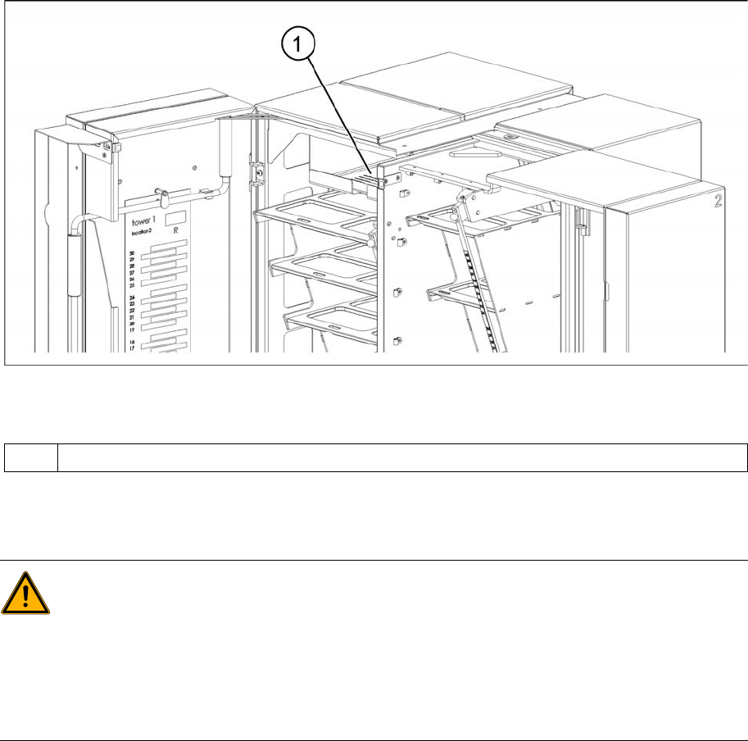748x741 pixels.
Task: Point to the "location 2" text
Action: click(146, 233)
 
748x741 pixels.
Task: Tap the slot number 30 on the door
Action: click(131, 254)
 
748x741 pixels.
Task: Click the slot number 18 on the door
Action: click(131, 342)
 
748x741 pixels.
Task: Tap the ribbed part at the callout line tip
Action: click(372, 175)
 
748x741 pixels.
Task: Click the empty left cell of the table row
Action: click(30, 457)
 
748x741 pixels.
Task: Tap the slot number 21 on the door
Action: click(131, 317)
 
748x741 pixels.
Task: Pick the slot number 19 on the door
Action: click(131, 330)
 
